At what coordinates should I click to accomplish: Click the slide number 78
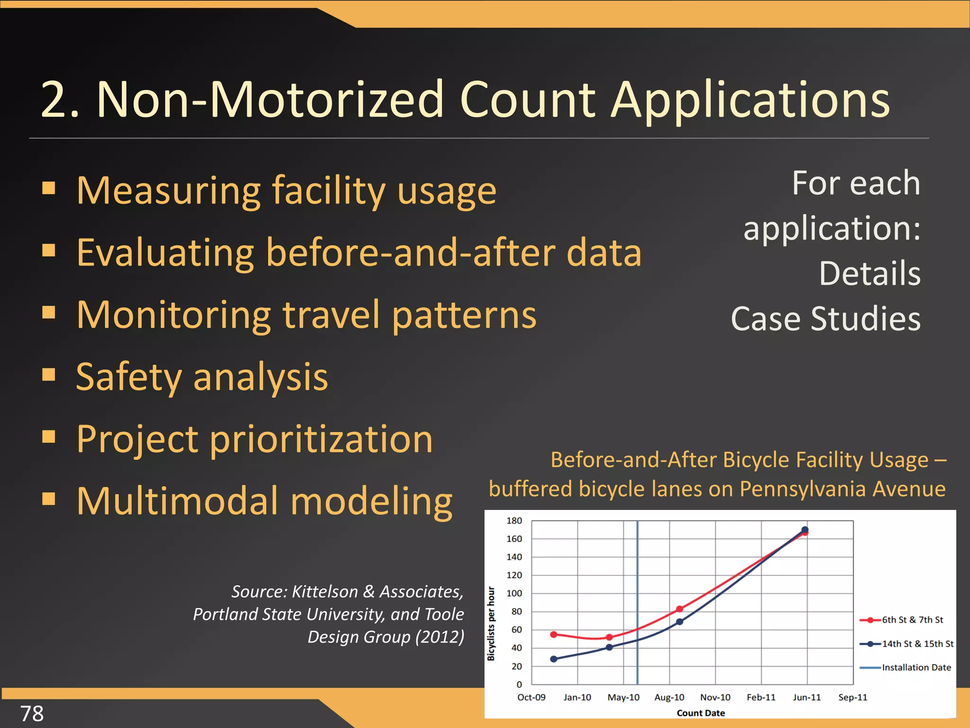32,713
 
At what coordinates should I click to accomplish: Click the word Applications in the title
750,100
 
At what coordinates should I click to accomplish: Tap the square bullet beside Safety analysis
49,374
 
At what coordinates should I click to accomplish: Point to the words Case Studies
826,318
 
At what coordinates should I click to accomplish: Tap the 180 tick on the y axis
514,520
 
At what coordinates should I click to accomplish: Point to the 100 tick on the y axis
514,593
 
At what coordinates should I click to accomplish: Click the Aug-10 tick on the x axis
669,697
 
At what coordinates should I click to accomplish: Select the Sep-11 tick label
853,697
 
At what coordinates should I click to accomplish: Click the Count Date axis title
701,713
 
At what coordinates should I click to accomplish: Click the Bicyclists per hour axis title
491,623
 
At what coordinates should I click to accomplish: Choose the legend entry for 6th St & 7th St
912,619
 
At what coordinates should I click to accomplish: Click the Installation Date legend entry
916,667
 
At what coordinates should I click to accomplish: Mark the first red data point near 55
554,634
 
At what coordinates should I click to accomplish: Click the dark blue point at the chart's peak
805,529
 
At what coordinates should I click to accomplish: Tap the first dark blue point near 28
554,659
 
